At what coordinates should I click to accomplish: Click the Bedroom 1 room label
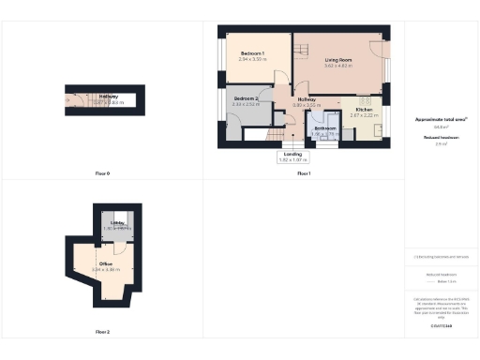(252, 52)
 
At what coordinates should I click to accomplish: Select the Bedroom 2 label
(246, 98)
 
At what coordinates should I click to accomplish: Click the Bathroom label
(325, 128)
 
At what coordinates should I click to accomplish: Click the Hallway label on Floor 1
(306, 98)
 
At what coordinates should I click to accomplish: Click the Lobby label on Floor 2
(117, 223)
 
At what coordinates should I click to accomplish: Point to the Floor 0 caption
(102, 174)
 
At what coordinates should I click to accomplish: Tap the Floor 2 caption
(102, 332)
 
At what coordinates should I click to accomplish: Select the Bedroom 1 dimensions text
(252, 59)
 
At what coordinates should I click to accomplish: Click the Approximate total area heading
(441, 120)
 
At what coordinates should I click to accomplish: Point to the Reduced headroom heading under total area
(441, 137)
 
